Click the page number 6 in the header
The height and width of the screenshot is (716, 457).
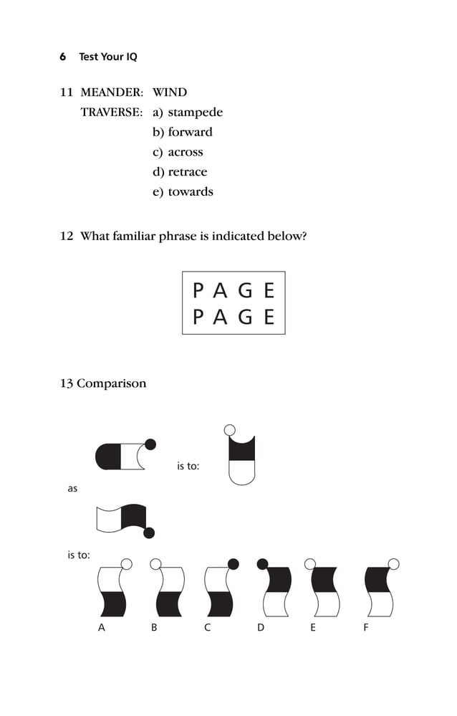[x=63, y=57]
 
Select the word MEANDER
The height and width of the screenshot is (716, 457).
[x=112, y=92]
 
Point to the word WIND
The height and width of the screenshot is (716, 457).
[x=170, y=92]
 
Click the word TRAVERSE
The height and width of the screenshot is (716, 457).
[x=112, y=113]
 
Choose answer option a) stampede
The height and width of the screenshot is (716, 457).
[x=188, y=113]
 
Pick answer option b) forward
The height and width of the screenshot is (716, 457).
[x=183, y=132]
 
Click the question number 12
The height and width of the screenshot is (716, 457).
[x=67, y=236]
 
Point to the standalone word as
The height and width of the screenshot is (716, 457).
[x=72, y=489]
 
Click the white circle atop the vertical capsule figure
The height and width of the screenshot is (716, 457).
[x=230, y=430]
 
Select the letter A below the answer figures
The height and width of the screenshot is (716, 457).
[x=101, y=628]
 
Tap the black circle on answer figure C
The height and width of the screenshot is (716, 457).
[x=233, y=563]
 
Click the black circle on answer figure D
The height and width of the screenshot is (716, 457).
[x=263, y=563]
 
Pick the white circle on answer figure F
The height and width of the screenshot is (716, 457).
[x=393, y=563]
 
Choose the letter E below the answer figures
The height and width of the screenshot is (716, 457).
[x=313, y=628]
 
